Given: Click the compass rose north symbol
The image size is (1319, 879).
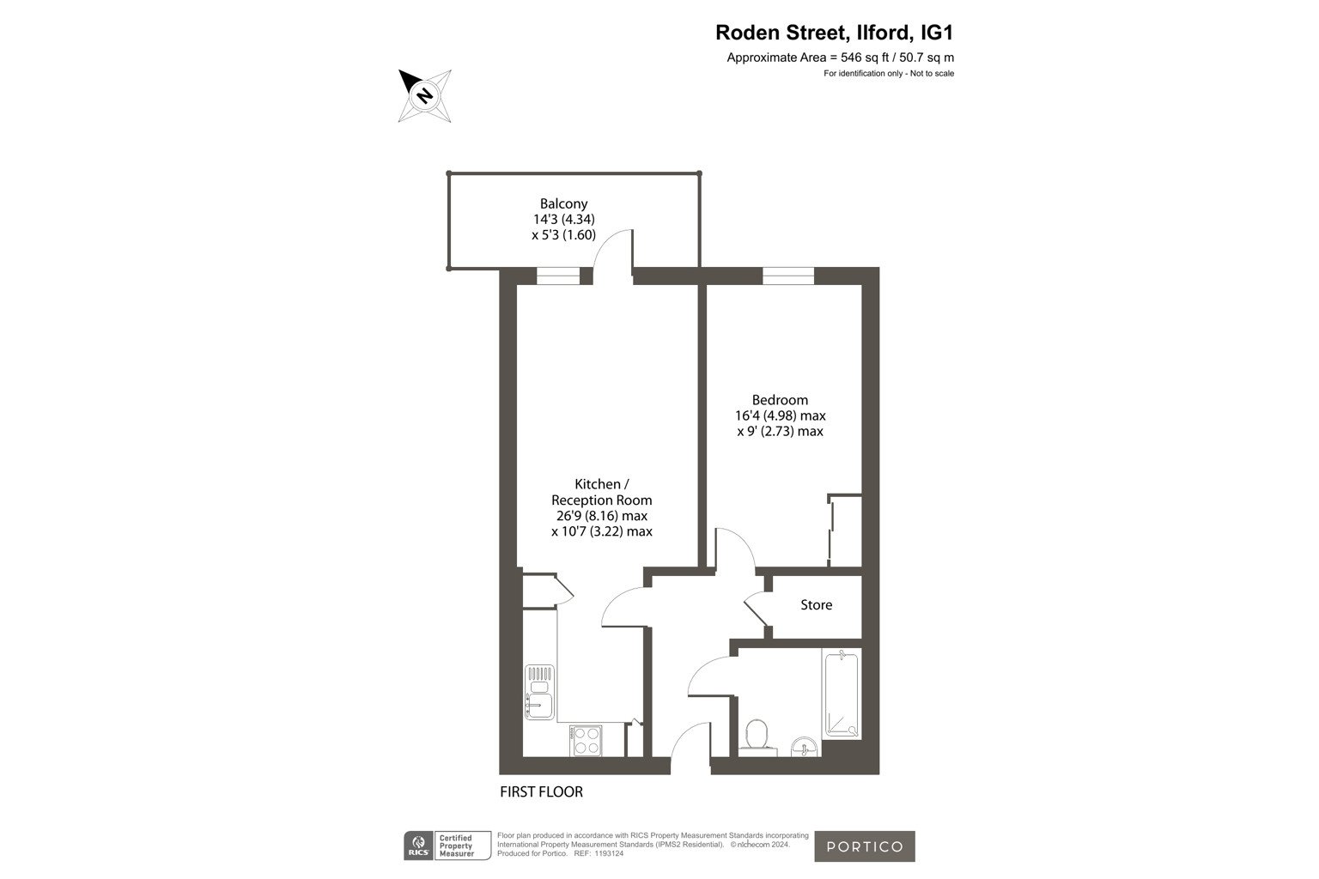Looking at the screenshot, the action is [x=424, y=95].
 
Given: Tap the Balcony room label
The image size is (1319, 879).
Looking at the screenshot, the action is [x=563, y=203].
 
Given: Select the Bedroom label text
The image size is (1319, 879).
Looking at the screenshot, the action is [x=780, y=400].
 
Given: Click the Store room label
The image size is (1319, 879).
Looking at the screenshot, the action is [x=816, y=604].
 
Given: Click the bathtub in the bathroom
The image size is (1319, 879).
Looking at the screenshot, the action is [x=842, y=694].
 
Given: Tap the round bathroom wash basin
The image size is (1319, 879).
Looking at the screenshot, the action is [x=805, y=747].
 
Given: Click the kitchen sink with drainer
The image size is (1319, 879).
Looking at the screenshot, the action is [x=539, y=692].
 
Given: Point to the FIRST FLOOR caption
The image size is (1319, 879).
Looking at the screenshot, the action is [x=541, y=791].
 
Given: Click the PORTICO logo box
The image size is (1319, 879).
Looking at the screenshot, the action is [x=865, y=846].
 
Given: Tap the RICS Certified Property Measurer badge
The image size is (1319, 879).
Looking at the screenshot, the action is [x=447, y=846].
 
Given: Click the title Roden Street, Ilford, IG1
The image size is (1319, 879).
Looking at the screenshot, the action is [x=834, y=33].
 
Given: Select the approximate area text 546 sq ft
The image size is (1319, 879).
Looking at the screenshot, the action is [x=865, y=58].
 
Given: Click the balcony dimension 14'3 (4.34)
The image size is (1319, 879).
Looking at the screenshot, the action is [x=564, y=219].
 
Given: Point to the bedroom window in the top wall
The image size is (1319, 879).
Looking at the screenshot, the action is [x=788, y=276].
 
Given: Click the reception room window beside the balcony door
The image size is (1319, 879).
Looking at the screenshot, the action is [x=557, y=276].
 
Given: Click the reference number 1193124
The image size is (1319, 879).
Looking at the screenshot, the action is [x=608, y=854].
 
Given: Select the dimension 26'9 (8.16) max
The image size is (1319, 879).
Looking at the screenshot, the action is [x=602, y=516].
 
